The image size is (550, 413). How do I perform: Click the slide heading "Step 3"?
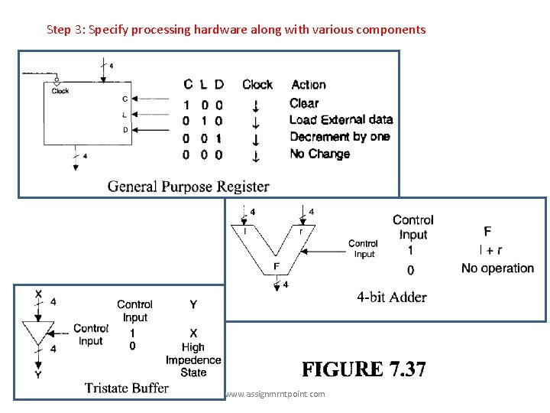[x=236, y=30]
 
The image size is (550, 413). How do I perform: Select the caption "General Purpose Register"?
[x=188, y=186]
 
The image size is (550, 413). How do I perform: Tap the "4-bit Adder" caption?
[x=391, y=297]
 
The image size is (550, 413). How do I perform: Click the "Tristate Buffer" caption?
[x=126, y=388]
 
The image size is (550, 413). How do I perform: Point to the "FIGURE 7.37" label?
[x=364, y=370]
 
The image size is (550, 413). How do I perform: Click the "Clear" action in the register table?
[x=304, y=103]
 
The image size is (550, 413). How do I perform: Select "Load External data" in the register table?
[x=341, y=120]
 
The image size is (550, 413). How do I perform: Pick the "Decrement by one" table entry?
[x=339, y=137]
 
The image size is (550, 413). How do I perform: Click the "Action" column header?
[x=309, y=85]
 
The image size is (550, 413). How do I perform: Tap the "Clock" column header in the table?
[x=257, y=85]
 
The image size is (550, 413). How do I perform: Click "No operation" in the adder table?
[x=497, y=268]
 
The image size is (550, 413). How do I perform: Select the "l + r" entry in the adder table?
[x=490, y=249]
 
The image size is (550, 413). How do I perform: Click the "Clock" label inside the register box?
[x=60, y=91]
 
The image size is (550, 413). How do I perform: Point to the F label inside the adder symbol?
[x=277, y=266]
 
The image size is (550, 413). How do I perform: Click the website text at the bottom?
[x=275, y=394]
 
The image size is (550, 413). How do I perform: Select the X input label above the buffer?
[x=39, y=293]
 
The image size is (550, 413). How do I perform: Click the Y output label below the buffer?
[x=37, y=376]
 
